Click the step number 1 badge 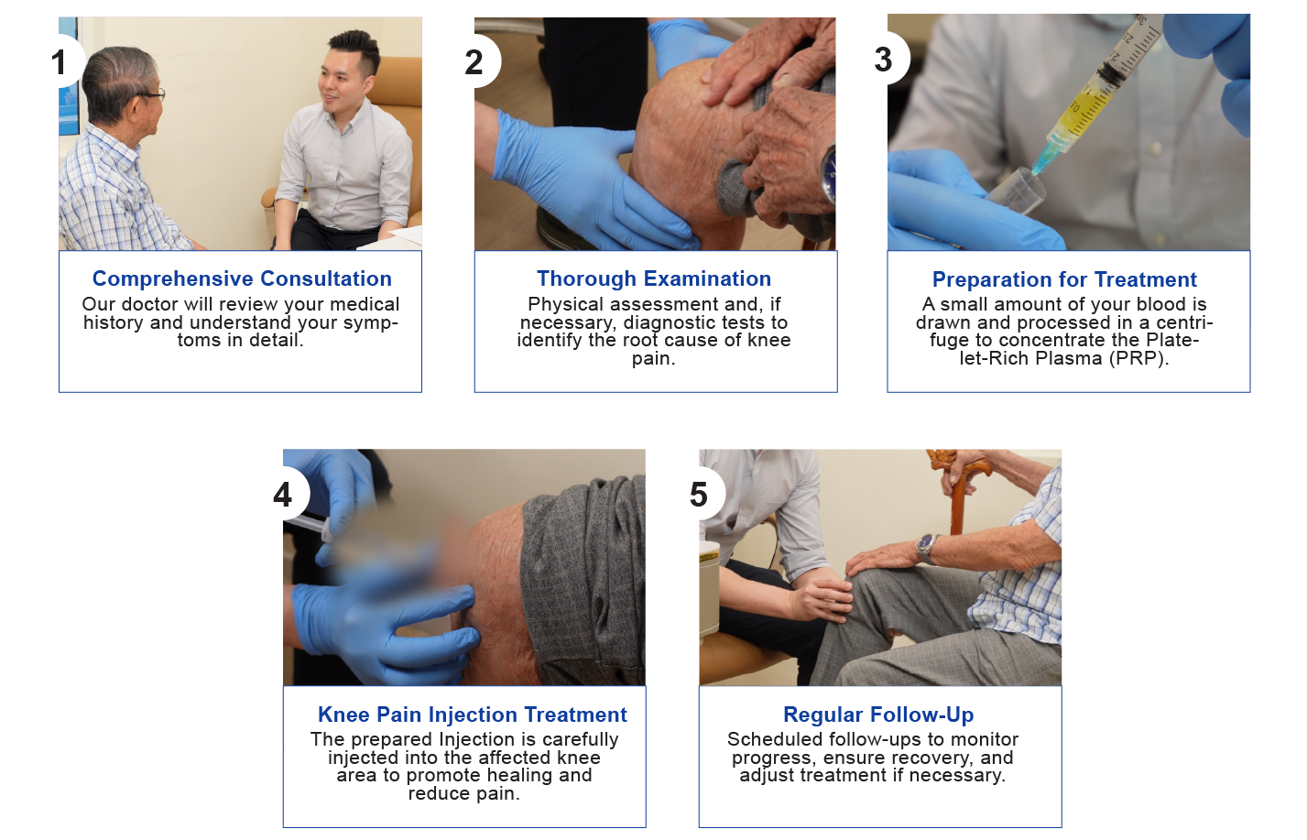click(63, 61)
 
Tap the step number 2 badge click(476, 61)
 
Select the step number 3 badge click(886, 59)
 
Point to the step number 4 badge click(286, 495)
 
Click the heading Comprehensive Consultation click(242, 279)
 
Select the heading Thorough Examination click(654, 279)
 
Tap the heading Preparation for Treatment click(1064, 279)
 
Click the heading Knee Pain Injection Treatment click(472, 715)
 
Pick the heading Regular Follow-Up click(878, 715)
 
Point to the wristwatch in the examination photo click(829, 175)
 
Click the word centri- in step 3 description click(1184, 322)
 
